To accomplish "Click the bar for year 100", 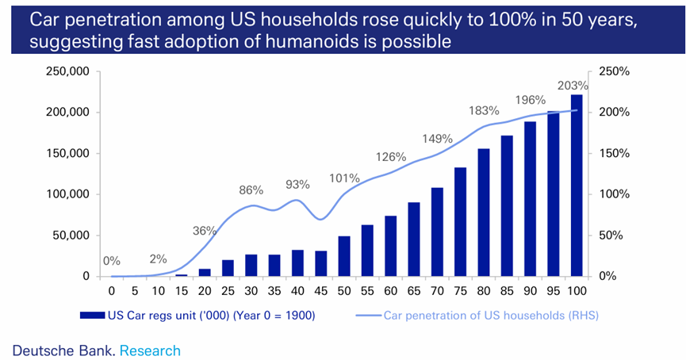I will point(576,186).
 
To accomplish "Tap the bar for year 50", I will point(344,256).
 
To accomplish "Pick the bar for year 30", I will point(251,266).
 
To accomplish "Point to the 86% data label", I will point(251,190).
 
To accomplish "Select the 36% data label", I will point(204,231).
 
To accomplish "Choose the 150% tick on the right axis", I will point(613,153).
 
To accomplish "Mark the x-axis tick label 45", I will point(322,291).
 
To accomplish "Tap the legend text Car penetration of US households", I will point(491,316).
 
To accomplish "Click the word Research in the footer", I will point(150,350).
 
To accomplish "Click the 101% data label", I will point(345,178).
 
